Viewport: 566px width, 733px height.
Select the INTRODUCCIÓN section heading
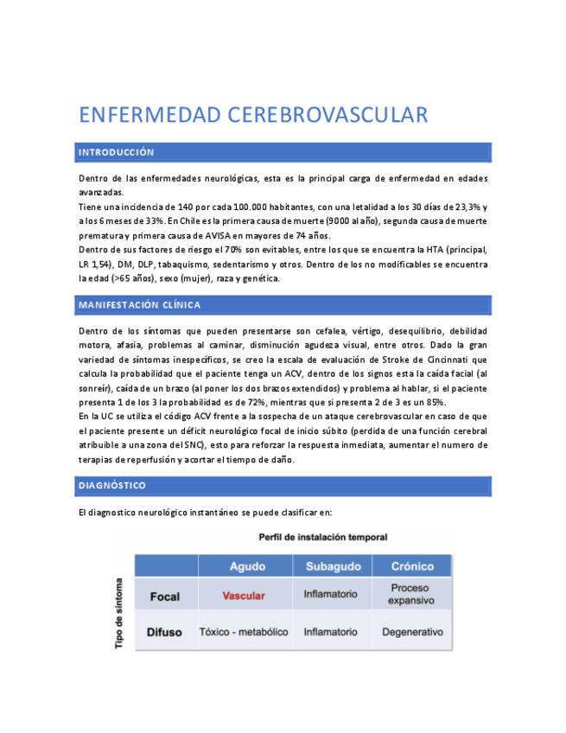tap(117, 153)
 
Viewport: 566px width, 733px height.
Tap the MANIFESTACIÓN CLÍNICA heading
tap(139, 305)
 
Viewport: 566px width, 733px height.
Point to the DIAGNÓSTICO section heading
tap(112, 486)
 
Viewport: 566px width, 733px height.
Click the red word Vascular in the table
tap(244, 596)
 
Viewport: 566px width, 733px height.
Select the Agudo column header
tap(247, 566)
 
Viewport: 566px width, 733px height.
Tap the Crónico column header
tap(412, 566)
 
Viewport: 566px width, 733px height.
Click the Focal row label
tap(164, 596)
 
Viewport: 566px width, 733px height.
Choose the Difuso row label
tap(164, 632)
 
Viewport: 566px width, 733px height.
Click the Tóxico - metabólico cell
tap(244, 632)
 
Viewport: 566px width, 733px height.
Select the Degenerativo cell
tap(412, 632)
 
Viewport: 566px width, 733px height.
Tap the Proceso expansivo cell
tap(412, 594)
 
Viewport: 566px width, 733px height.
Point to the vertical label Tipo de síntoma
tap(120, 613)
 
